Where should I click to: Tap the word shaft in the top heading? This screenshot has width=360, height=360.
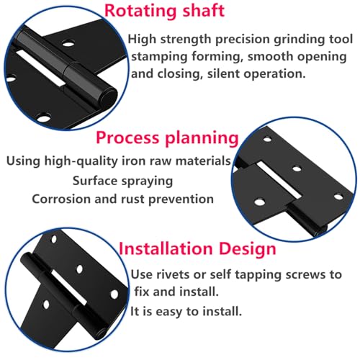[x=204, y=10]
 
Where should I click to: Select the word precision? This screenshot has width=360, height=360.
[x=243, y=40]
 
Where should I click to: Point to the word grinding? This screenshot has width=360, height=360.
[x=300, y=40]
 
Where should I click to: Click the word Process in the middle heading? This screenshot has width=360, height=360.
[x=127, y=138]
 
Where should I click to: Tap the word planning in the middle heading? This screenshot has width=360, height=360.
[x=202, y=139]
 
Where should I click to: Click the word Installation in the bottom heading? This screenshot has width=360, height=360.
[x=166, y=248]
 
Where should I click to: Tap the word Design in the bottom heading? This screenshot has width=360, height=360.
[x=248, y=249]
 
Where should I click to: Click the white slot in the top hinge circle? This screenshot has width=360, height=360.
[x=40, y=68]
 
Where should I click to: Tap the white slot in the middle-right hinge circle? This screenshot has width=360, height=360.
[x=279, y=180]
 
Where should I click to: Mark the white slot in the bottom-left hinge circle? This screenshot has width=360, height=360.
[x=69, y=287]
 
